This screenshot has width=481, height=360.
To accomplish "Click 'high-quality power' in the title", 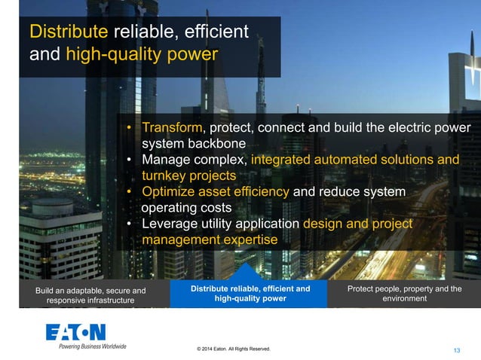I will (142, 54).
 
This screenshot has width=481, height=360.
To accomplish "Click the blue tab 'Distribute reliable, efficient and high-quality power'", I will (250, 294).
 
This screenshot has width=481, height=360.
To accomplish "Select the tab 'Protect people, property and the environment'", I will (404, 294).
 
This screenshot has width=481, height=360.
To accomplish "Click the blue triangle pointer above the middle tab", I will (250, 272).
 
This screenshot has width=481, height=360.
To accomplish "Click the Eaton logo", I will (75, 332).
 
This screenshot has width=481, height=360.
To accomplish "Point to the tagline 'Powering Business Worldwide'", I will (87, 346).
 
